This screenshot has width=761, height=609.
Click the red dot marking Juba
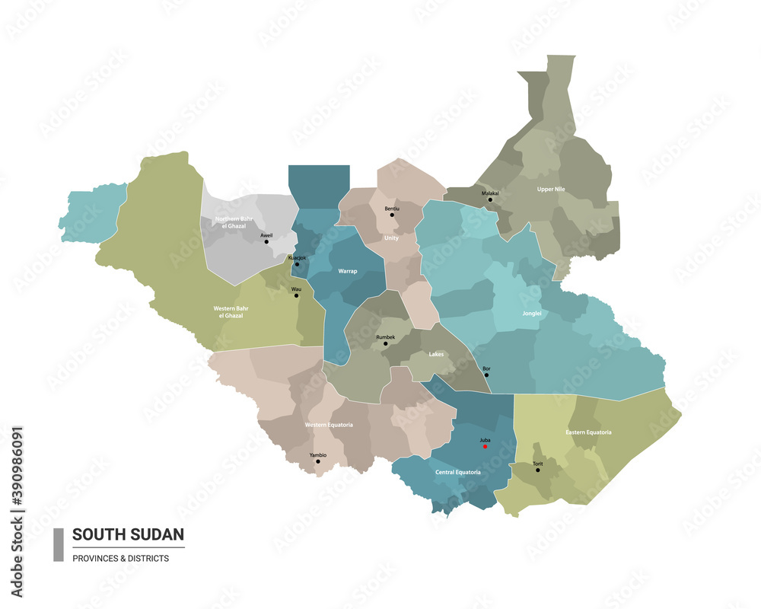click(486, 448)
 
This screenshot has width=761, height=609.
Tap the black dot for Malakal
click(490, 200)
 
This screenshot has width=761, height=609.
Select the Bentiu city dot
click(392, 215)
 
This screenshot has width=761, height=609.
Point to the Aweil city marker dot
click(266, 242)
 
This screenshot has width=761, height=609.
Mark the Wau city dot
click(296, 295)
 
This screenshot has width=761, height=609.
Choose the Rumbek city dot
click(386, 343)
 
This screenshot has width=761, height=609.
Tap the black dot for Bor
click(486, 375)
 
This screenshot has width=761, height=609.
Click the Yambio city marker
click(318, 461)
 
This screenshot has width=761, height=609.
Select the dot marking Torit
click(537, 470)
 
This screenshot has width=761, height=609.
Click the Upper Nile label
click(551, 189)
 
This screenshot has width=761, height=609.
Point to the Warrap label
click(348, 270)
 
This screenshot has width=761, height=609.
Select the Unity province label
click(391, 238)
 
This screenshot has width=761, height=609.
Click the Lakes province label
click(436, 354)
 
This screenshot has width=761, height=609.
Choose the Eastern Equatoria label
click(588, 432)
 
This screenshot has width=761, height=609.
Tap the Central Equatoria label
click(457, 473)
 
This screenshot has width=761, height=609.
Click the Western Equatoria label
click(329, 425)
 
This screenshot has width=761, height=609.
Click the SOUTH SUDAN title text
click(128, 534)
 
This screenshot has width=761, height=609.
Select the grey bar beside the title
click(59, 544)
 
